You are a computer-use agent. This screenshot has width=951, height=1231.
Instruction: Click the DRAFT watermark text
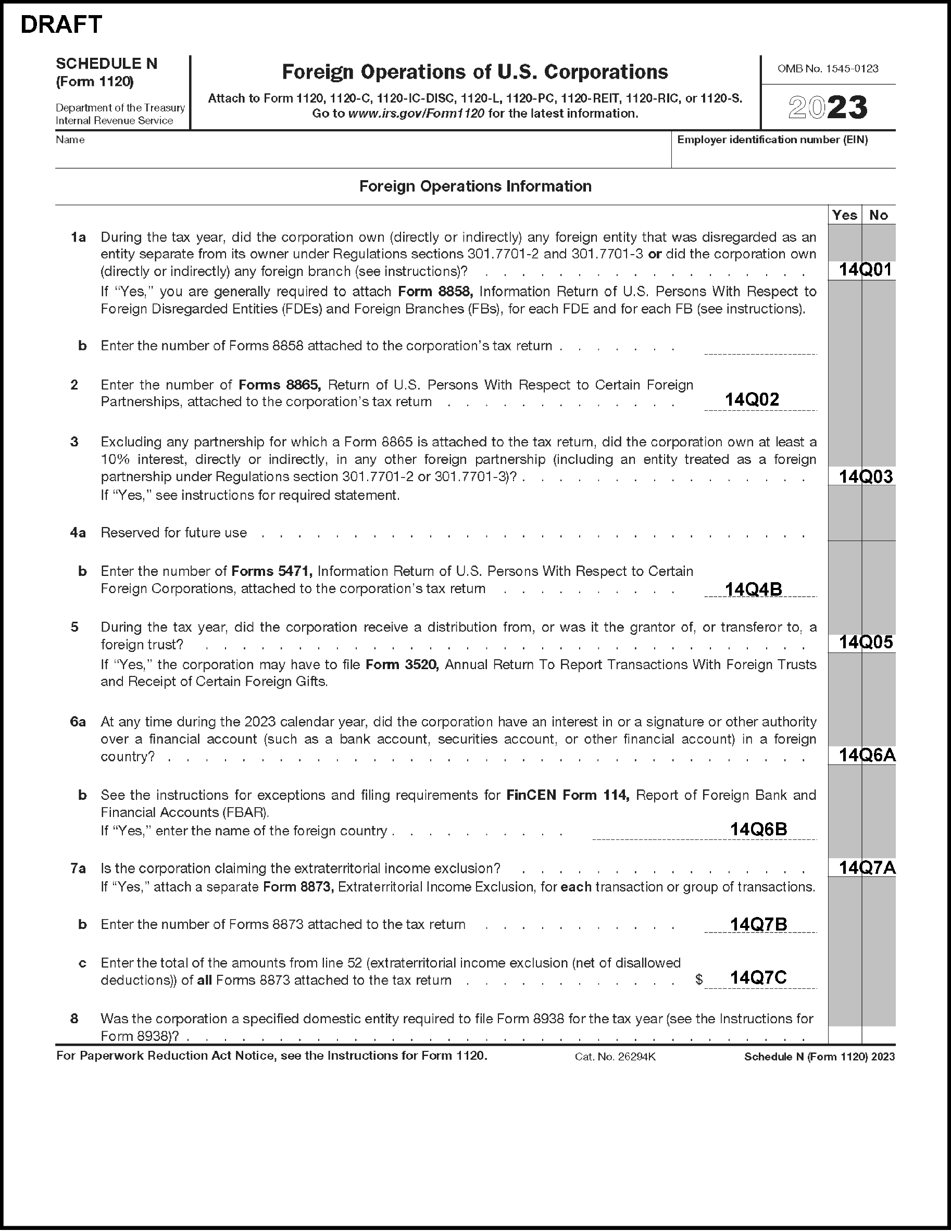click(61, 25)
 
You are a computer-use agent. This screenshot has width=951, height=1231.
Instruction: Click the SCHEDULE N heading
click(107, 64)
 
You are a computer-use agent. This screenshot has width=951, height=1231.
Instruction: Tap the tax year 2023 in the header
click(828, 108)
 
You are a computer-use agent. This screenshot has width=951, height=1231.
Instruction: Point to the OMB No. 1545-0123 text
click(828, 69)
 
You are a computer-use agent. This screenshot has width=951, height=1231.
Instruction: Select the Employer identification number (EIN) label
click(772, 140)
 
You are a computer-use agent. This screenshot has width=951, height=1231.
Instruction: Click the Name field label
click(70, 140)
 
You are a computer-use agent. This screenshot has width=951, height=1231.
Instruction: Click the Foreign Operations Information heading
click(475, 186)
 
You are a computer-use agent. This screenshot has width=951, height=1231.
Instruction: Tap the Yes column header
click(844, 215)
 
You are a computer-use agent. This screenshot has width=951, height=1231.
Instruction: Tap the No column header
click(878, 215)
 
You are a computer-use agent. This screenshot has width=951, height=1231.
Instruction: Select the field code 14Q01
click(865, 269)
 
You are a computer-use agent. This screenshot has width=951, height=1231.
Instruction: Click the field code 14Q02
click(752, 399)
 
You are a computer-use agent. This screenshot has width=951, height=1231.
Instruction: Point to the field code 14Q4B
click(753, 589)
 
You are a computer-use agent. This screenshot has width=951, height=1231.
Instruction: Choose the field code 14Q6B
click(758, 829)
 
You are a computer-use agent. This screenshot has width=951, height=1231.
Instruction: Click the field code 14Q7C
click(758, 977)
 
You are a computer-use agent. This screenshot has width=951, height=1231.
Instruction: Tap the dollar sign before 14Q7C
click(699, 979)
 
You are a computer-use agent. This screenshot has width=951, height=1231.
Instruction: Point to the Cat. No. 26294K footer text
click(615, 1057)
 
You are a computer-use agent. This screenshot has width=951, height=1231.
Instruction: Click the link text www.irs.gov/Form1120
click(416, 114)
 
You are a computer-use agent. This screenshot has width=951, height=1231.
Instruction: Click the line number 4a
click(78, 533)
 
